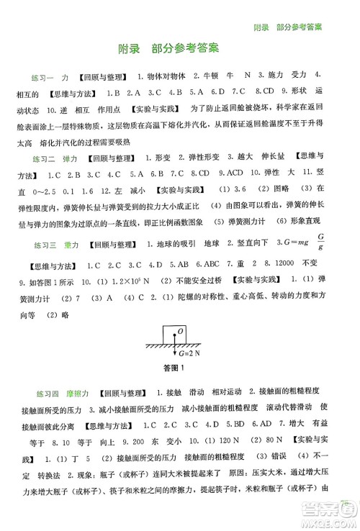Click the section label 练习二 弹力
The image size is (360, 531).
point(54,158)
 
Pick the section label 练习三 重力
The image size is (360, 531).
point(54,242)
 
